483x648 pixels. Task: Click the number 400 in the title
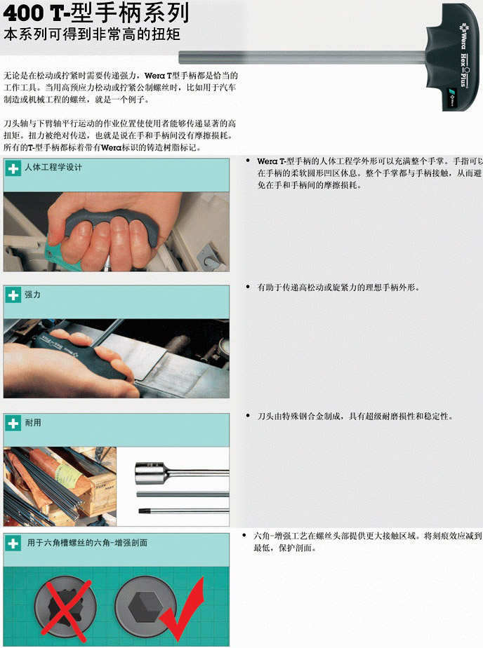click(x=22, y=13)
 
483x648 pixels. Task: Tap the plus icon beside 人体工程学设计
click(x=13, y=168)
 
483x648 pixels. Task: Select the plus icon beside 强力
click(x=13, y=295)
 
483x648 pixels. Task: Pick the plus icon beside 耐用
click(x=13, y=423)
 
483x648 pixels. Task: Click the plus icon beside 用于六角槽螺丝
click(x=13, y=543)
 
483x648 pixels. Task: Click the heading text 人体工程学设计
click(x=53, y=168)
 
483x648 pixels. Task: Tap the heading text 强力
click(x=33, y=295)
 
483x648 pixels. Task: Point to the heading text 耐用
click(x=33, y=423)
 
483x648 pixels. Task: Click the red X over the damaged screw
click(x=65, y=610)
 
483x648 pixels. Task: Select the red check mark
click(x=183, y=610)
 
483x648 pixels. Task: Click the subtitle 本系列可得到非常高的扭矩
click(x=92, y=34)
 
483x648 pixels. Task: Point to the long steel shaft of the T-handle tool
click(x=303, y=57)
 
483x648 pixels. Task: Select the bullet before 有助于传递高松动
click(x=248, y=287)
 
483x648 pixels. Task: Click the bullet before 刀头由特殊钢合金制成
click(x=248, y=416)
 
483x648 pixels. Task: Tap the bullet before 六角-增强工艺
click(x=244, y=536)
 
